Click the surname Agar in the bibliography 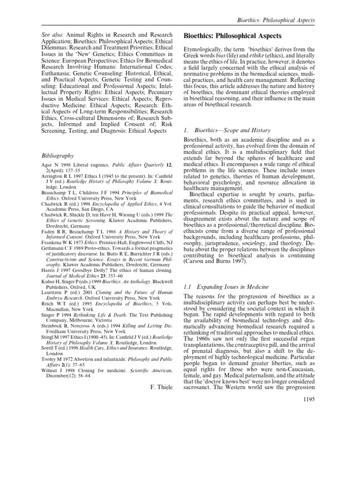48,166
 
